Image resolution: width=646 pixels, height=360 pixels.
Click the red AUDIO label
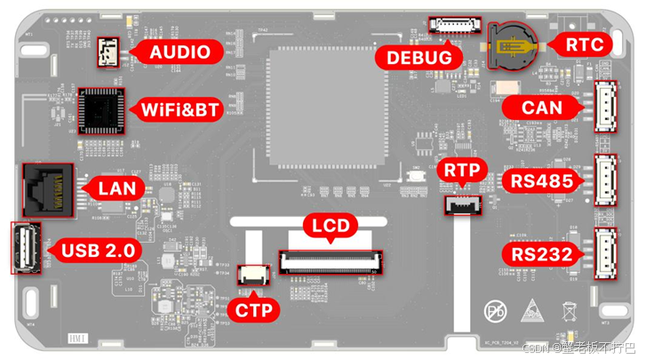[180, 52]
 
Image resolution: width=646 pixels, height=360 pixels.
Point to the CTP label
[253, 309]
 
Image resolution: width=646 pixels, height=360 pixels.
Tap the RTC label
[583, 44]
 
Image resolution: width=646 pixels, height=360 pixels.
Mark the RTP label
[463, 170]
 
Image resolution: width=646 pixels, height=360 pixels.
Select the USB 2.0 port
[25, 250]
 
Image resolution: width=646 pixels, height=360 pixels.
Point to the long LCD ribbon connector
[332, 261]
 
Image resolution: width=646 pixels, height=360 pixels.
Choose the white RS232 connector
[606, 253]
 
